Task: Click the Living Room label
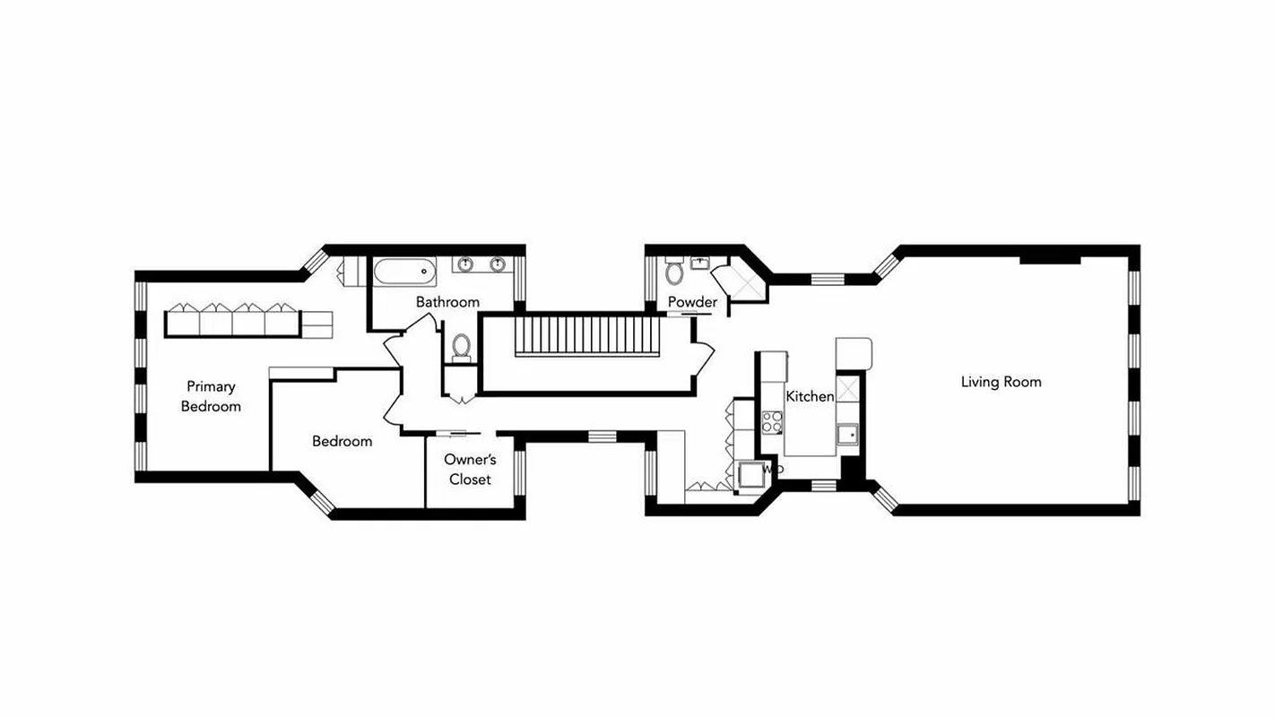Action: (x=1001, y=382)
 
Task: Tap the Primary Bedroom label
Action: (x=211, y=396)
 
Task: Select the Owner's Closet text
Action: (x=470, y=469)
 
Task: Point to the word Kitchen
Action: (x=810, y=396)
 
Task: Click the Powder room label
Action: (x=692, y=302)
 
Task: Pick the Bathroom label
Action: (x=447, y=302)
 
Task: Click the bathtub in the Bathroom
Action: (x=404, y=270)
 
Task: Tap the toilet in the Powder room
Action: (x=674, y=272)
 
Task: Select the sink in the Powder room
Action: (x=700, y=262)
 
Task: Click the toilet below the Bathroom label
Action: (x=462, y=345)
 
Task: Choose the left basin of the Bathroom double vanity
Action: (x=466, y=264)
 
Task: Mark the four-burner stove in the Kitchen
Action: (x=771, y=422)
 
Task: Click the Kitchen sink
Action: (x=846, y=435)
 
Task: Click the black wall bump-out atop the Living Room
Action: (x=1049, y=258)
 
